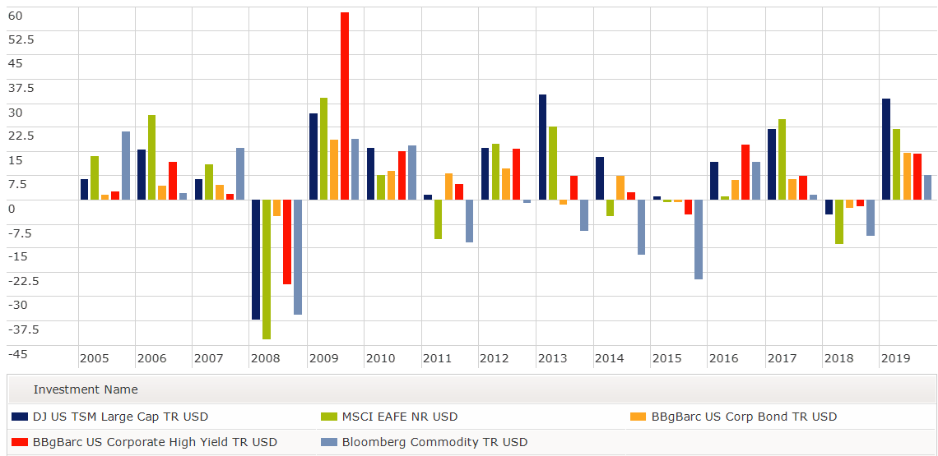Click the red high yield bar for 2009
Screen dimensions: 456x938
pyautogui.click(x=345, y=106)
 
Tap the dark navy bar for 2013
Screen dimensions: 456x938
pyautogui.click(x=542, y=147)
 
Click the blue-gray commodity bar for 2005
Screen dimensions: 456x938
pyautogui.click(x=126, y=165)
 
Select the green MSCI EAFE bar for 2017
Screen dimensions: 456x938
pyautogui.click(x=782, y=159)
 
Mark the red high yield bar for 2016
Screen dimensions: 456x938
pyautogui.click(x=745, y=173)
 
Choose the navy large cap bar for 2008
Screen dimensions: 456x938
pyautogui.click(x=256, y=260)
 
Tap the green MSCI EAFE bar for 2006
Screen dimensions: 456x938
pyautogui.click(x=151, y=158)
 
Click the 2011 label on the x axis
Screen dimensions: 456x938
pyautogui.click(x=437, y=359)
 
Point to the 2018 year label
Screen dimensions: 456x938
pyautogui.click(x=838, y=359)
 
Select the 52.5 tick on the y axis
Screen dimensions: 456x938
pyautogui.click(x=21, y=39)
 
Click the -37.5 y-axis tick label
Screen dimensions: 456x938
pyautogui.click(x=21, y=329)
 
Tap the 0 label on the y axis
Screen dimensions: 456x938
pyautogui.click(x=12, y=209)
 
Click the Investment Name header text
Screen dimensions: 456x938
pyautogui.click(x=86, y=389)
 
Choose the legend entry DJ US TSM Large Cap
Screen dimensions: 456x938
pyautogui.click(x=120, y=417)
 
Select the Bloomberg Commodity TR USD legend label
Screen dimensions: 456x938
pyautogui.click(x=434, y=442)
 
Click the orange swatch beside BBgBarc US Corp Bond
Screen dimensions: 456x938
pyautogui.click(x=638, y=417)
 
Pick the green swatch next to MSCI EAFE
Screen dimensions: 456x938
pyautogui.click(x=328, y=417)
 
